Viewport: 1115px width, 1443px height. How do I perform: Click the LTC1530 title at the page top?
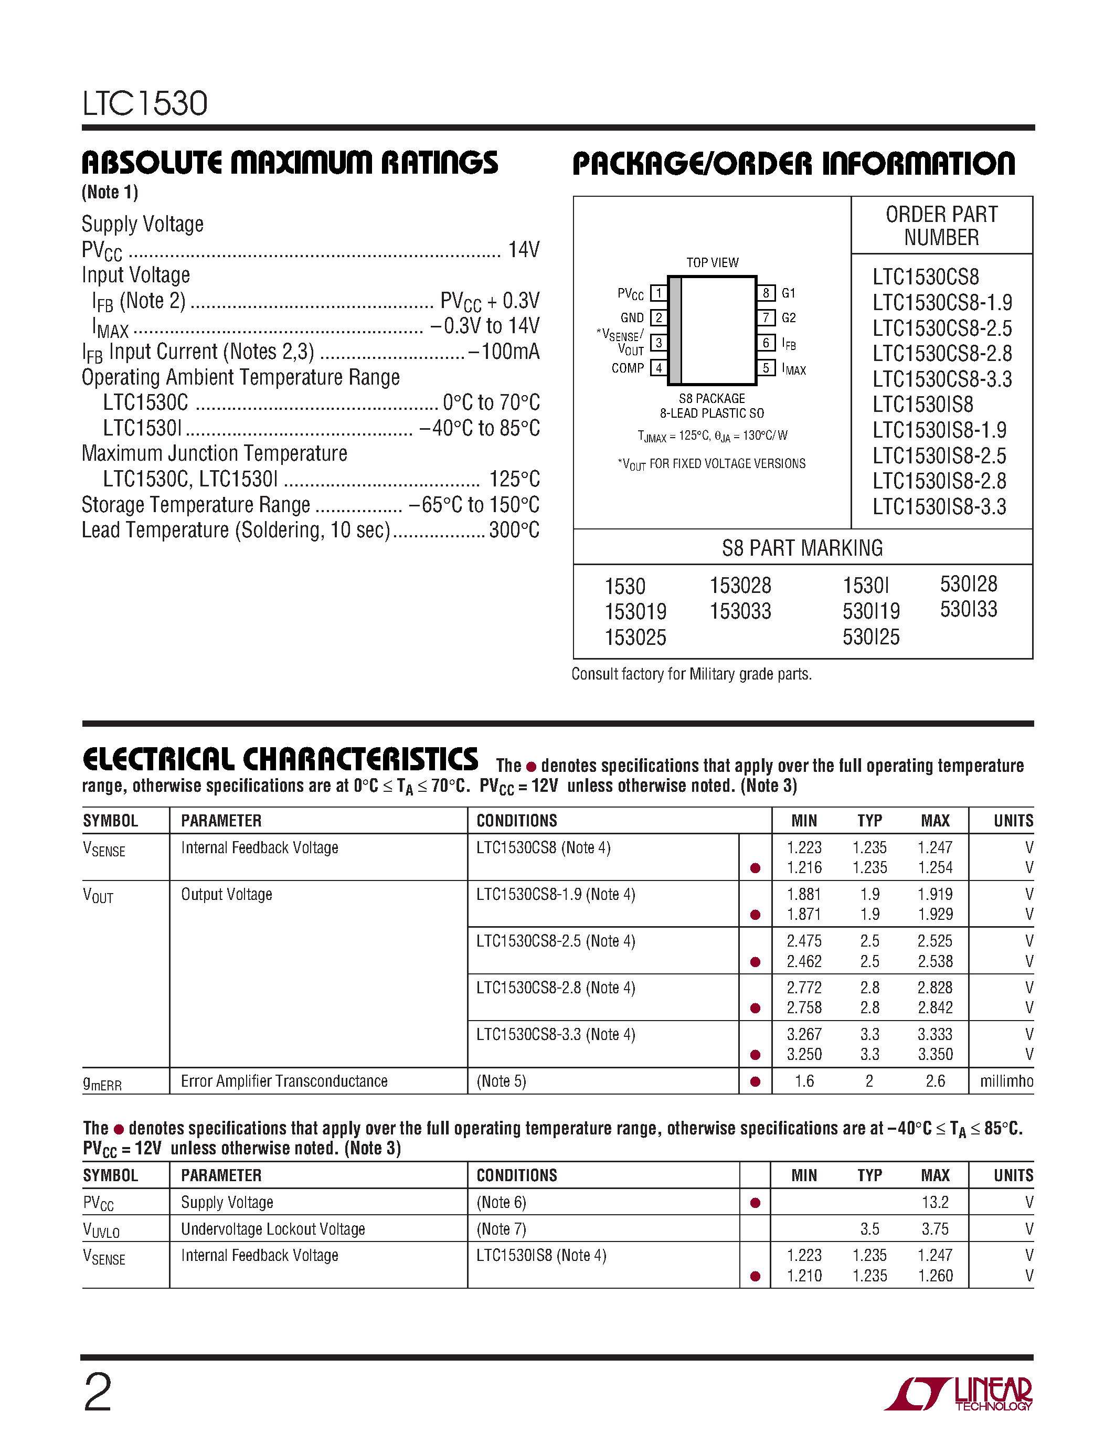tap(145, 104)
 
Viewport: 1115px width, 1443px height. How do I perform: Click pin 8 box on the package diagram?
tap(766, 293)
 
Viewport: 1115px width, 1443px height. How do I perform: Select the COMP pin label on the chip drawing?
tap(627, 368)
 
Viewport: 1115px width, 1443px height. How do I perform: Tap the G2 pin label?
tap(789, 318)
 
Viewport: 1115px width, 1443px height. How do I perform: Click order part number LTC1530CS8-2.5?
tap(941, 328)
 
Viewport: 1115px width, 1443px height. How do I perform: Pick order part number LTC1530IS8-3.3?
tap(939, 507)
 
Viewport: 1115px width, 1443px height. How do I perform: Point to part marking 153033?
tap(740, 611)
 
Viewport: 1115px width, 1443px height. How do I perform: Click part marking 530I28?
tap(969, 584)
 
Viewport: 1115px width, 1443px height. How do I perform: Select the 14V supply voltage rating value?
tap(524, 250)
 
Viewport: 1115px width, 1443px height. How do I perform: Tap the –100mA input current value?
tap(504, 352)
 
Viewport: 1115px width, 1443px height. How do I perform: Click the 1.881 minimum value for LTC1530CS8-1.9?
tap(804, 894)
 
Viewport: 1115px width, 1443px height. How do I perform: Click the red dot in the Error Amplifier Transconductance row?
tap(755, 1081)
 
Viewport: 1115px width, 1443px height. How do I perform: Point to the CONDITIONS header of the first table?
tap(516, 821)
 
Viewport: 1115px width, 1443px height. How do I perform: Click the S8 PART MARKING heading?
tap(802, 548)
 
